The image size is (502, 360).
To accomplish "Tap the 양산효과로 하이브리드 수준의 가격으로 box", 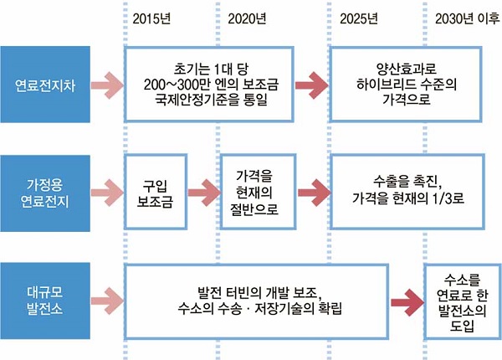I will tap(406, 83).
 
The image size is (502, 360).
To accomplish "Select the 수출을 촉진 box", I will tap(406, 192).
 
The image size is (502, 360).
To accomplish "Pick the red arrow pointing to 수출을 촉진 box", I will tap(311, 192).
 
